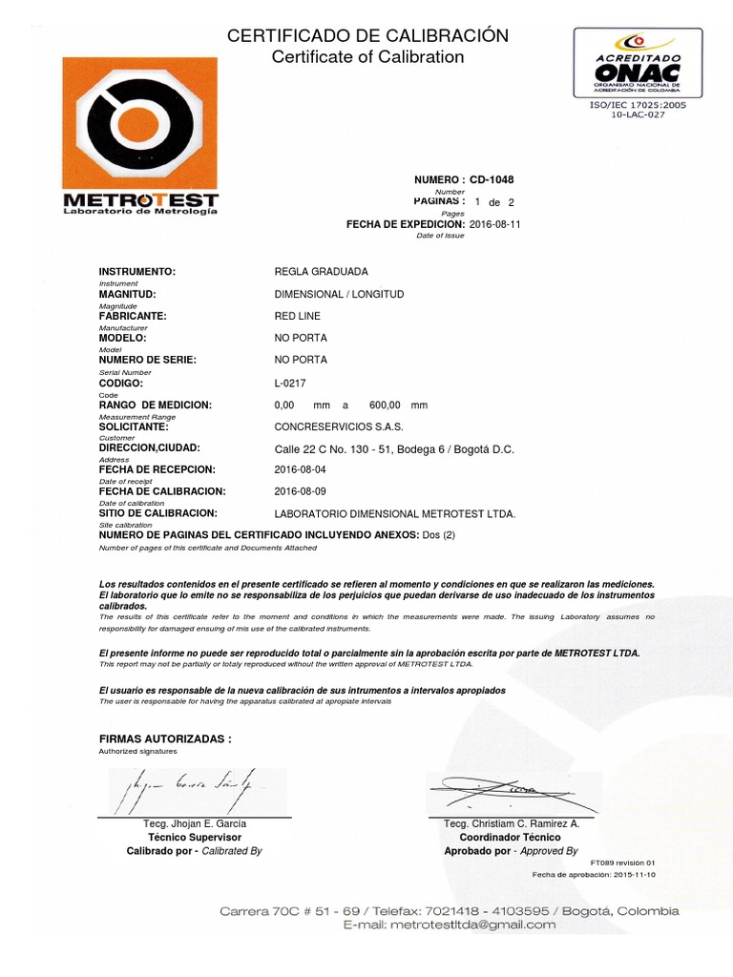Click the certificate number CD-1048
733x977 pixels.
(x=492, y=179)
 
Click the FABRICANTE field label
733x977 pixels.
(x=134, y=316)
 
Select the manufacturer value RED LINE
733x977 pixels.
(x=298, y=316)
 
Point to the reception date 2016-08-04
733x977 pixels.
(x=300, y=470)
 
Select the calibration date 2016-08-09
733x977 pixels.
(x=300, y=492)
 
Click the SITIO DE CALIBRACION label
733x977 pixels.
(x=159, y=514)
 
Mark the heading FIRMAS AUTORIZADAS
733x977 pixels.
(x=165, y=739)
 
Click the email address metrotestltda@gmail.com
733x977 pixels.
(x=450, y=925)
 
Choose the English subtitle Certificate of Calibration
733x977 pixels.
(x=367, y=57)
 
